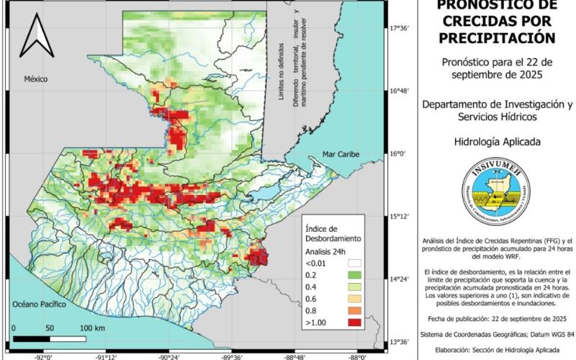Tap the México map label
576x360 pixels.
[x=35, y=78]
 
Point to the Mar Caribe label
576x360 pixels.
[x=341, y=154]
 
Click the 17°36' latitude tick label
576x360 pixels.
[x=400, y=29]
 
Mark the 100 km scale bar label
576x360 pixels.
[x=91, y=328]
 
